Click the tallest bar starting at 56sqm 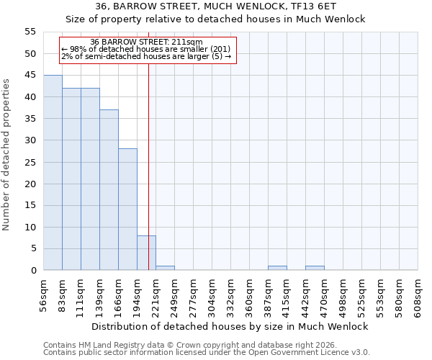53,173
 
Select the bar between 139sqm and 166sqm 109,190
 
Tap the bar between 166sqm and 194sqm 127,210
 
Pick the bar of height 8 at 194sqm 146,253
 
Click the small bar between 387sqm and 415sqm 277,268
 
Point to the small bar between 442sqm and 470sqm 315,268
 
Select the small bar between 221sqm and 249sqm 165,268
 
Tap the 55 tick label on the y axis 30,32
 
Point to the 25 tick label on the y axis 30,162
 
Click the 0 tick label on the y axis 32,271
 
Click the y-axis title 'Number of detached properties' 7,155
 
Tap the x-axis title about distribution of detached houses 230,326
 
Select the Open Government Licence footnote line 207,353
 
